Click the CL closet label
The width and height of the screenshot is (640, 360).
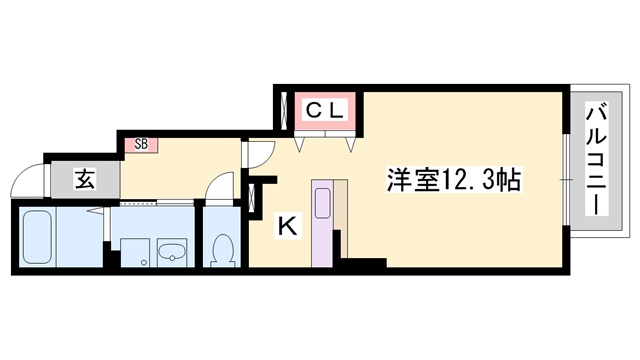pos(325,110)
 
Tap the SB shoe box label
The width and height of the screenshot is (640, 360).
pos(141,144)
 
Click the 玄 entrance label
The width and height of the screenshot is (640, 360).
pos(86,180)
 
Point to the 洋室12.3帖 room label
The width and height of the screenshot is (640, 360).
pos(454,180)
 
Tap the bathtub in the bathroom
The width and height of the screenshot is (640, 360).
pos(37,237)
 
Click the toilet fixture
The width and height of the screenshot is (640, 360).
pos(222,250)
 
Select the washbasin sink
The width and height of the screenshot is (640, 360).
pos(172,253)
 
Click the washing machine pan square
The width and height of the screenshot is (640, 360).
pos(136,253)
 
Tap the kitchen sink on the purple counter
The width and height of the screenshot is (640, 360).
pos(323,203)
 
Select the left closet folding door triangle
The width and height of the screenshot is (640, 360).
pos(300,144)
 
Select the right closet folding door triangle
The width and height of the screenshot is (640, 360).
pos(351,144)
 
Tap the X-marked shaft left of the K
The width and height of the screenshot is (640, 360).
pos(252,199)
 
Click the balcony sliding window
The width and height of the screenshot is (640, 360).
pos(566,180)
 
